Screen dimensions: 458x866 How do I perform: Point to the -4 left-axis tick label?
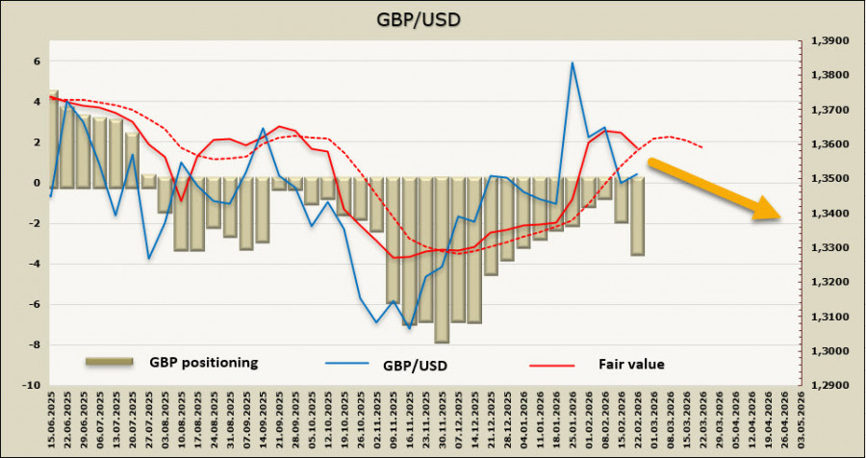tap(35, 265)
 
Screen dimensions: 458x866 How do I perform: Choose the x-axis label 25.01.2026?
tap(573, 424)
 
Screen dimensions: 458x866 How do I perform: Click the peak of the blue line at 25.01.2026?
tap(573, 64)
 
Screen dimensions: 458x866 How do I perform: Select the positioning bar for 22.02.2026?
tap(637, 216)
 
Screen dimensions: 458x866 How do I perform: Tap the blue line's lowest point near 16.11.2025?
tap(409, 328)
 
